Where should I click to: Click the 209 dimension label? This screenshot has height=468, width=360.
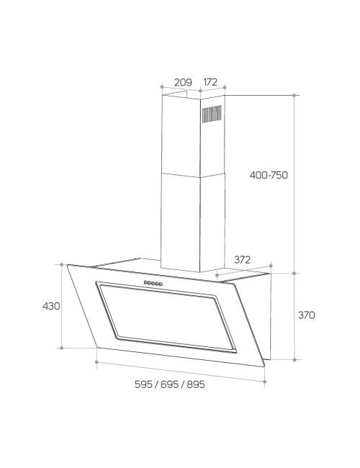click(x=183, y=82)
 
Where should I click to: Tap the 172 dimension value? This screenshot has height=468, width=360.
click(x=210, y=82)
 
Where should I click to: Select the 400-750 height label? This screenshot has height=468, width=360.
click(x=269, y=175)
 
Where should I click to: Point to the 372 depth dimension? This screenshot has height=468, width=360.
click(x=242, y=260)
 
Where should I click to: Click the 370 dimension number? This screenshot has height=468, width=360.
click(x=307, y=315)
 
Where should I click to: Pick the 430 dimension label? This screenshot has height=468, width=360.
click(x=51, y=306)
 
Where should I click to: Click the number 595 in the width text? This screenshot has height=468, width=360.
click(x=143, y=384)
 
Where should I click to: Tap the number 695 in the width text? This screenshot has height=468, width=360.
click(x=169, y=384)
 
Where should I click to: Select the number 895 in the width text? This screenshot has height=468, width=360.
click(x=196, y=384)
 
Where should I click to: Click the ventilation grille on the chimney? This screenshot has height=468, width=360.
click(x=212, y=114)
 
